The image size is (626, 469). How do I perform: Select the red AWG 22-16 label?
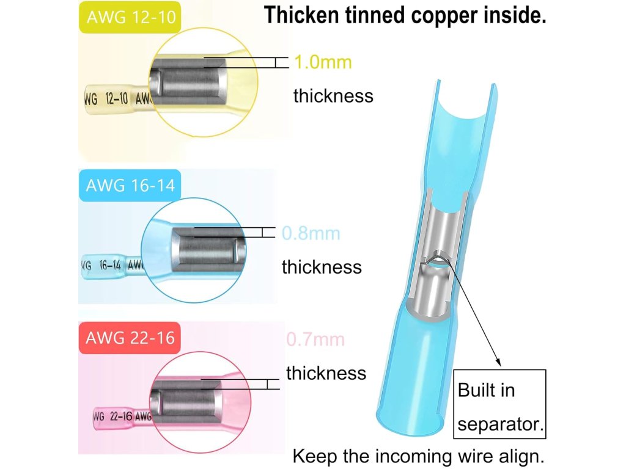(x=130, y=338)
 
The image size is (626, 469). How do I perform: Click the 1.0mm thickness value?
(x=323, y=62)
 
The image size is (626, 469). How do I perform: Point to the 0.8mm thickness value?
(x=311, y=233)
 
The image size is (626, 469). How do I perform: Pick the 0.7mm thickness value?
(x=315, y=340)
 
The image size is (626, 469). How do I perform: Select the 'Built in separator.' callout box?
(x=499, y=404)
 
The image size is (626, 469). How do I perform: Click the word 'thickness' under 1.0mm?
(x=333, y=96)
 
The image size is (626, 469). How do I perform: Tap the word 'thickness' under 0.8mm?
(x=322, y=267)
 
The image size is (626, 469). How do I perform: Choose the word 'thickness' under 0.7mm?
(x=326, y=373)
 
